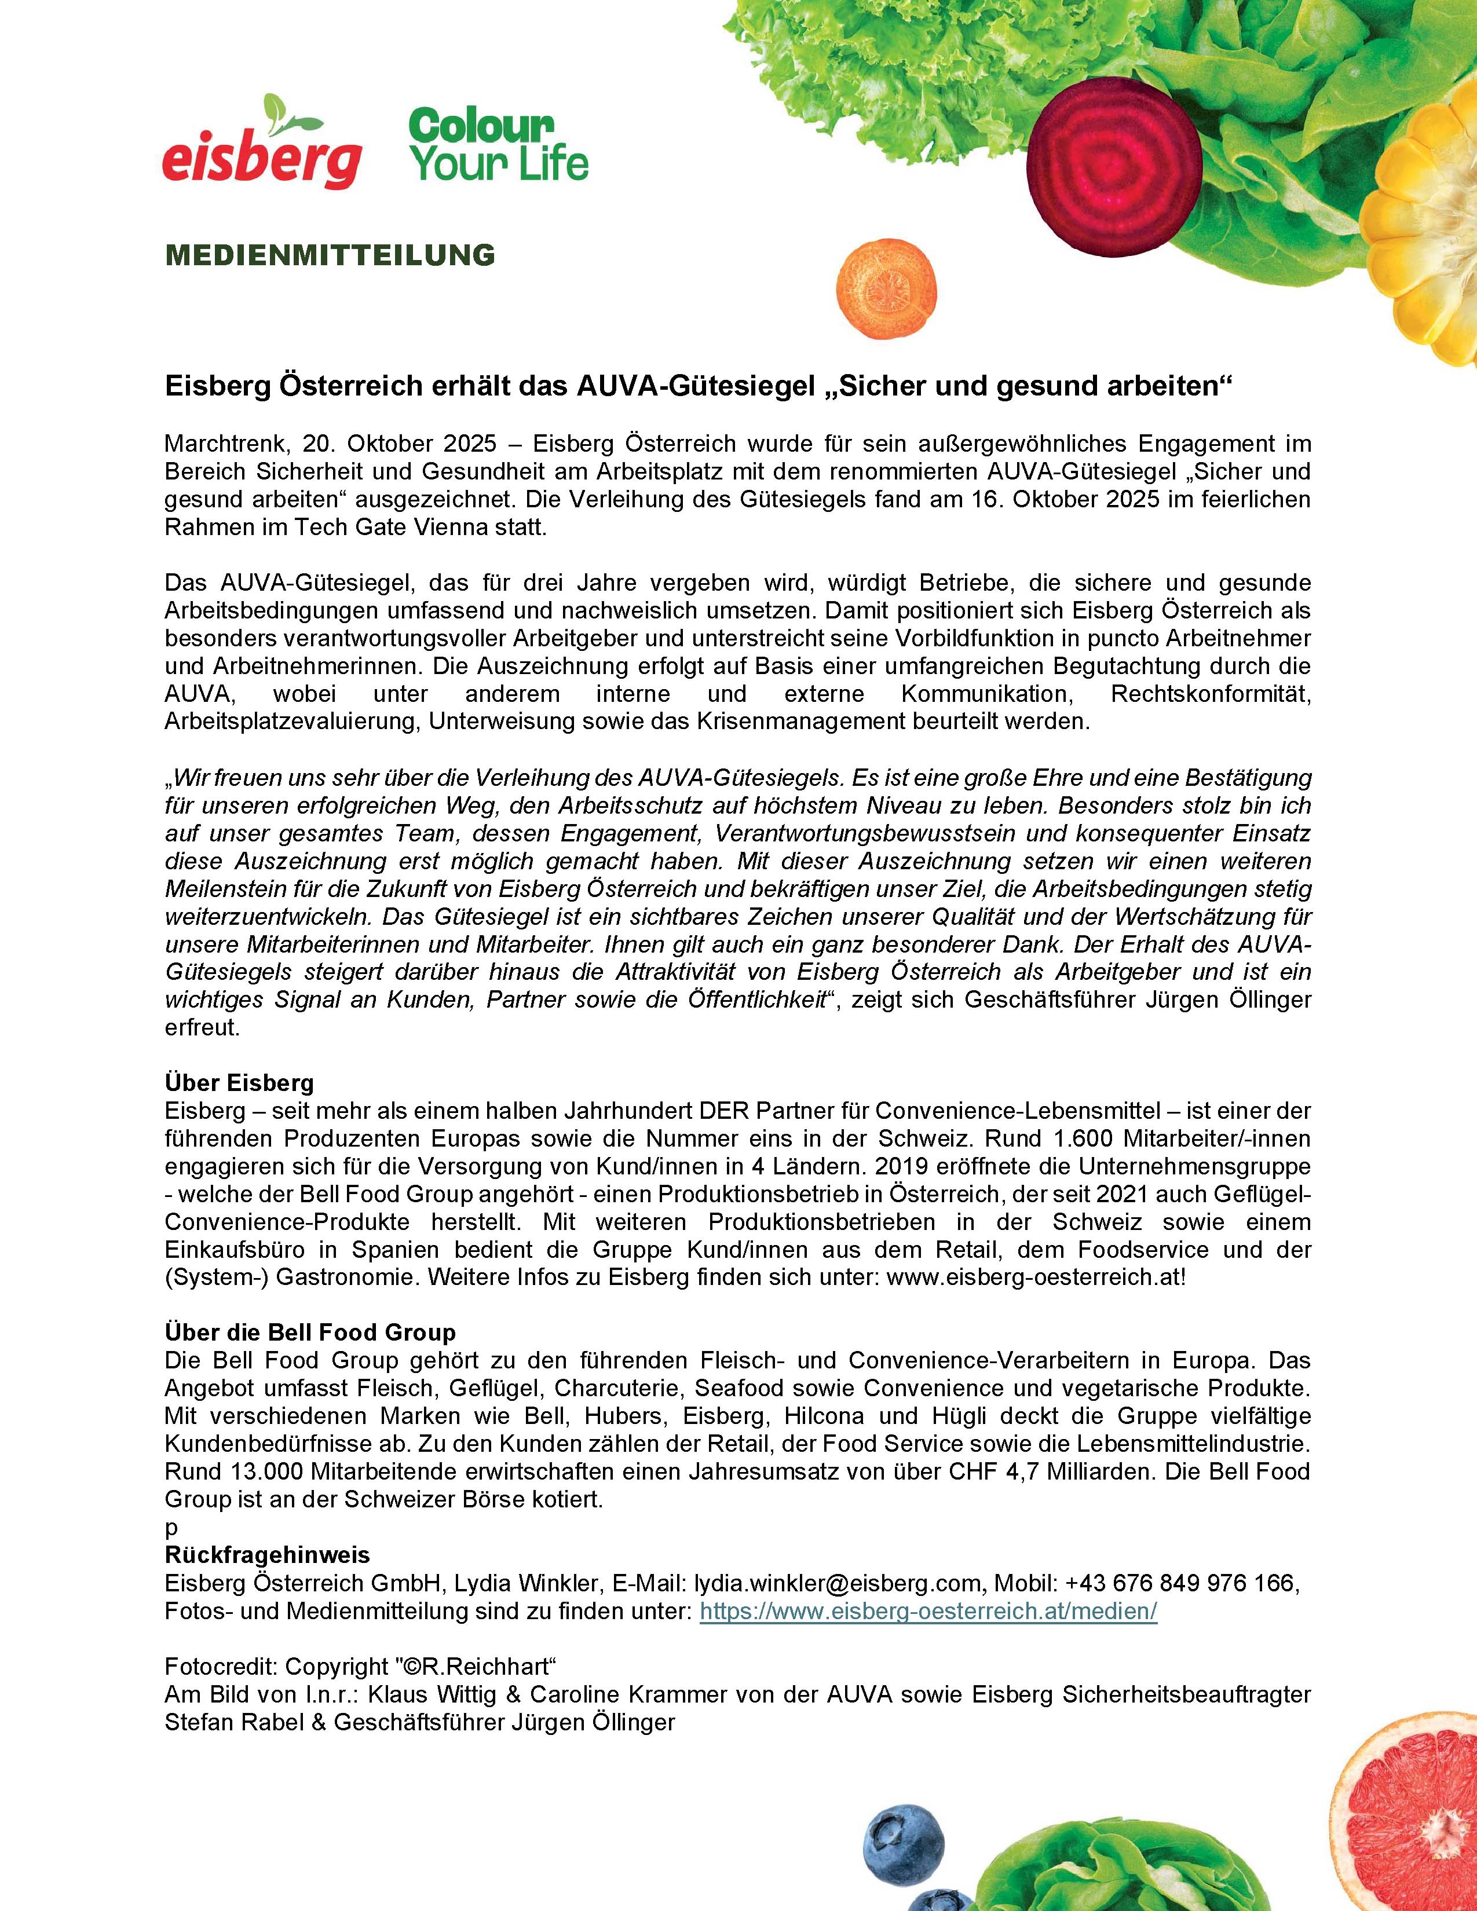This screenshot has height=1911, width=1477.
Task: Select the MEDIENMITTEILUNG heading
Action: tap(330, 255)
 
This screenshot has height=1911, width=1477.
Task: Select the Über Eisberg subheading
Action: tap(239, 1082)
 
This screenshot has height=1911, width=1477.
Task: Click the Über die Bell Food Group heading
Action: tap(310, 1332)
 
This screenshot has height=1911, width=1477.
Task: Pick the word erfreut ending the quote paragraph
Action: tap(201, 1027)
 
